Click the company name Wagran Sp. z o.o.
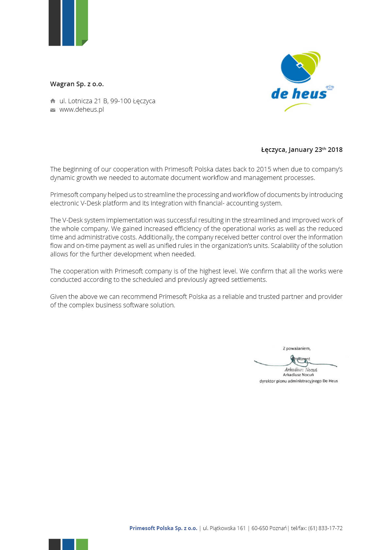[77, 84]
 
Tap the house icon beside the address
[53, 101]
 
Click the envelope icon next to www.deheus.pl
[53, 110]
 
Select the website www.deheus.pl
[81, 109]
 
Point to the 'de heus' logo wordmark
[299, 94]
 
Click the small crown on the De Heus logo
[330, 88]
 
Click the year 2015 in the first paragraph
[263, 169]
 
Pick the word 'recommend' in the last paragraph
[139, 297]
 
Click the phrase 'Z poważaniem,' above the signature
[296, 348]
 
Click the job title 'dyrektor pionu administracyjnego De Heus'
[298, 381]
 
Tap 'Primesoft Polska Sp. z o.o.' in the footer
[163, 528]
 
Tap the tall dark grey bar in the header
[55, 23]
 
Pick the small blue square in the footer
[68, 544]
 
